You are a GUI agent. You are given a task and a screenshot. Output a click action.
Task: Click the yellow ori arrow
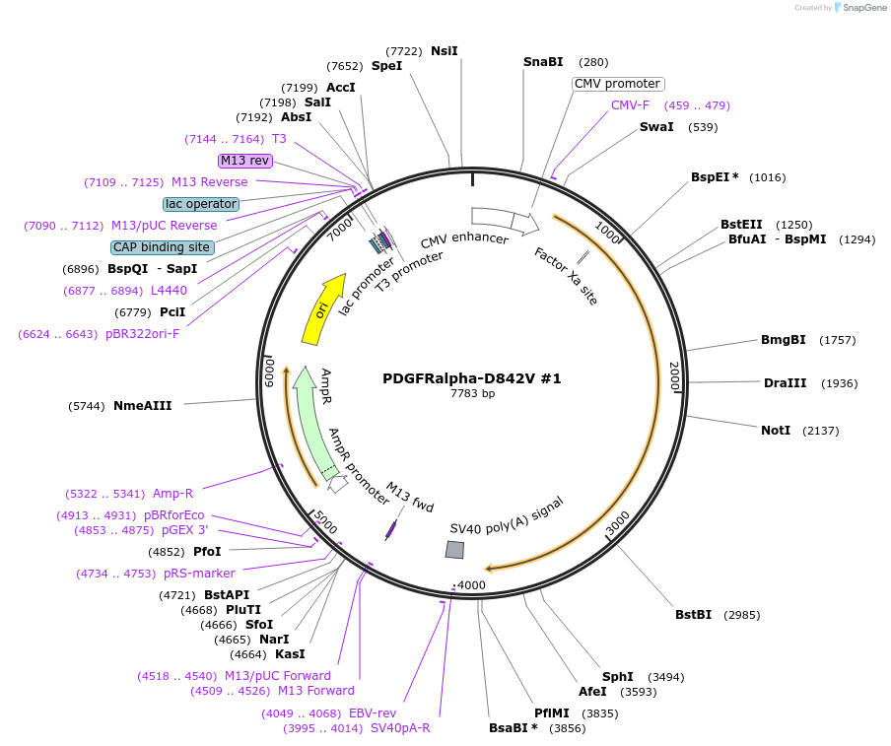tap(322, 308)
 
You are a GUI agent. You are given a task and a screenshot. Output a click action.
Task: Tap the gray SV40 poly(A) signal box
tap(454, 550)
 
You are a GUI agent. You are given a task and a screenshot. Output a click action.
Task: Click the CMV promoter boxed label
tap(617, 84)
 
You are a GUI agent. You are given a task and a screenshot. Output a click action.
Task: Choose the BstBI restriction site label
tap(693, 615)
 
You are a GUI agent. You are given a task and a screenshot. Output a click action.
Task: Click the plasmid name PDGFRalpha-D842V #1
tap(472, 378)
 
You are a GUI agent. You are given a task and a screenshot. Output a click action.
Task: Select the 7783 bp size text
tap(472, 393)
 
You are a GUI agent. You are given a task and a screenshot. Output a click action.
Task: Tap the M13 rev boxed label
tap(244, 161)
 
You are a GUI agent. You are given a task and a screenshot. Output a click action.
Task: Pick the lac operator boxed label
tap(201, 204)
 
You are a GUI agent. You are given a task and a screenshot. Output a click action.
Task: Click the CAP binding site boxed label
tap(162, 247)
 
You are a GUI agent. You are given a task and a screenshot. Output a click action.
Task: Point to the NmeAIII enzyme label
tap(142, 406)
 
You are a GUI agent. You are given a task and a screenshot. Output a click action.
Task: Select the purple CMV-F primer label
tap(630, 105)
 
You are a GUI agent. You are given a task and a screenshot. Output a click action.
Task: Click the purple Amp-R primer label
tap(172, 494)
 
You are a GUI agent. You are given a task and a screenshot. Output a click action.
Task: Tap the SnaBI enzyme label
tap(543, 62)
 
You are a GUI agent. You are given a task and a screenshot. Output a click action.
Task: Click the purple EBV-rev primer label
tap(372, 713)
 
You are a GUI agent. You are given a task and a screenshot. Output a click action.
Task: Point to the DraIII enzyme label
tap(784, 383)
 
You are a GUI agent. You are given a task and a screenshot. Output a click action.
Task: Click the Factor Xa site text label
tap(567, 276)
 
